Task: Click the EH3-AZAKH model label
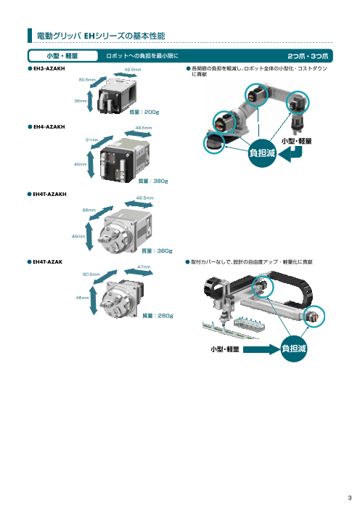(49, 68)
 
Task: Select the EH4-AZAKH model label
(49, 126)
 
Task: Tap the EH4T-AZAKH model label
(49, 194)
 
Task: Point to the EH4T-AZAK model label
(47, 261)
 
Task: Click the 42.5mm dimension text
(133, 70)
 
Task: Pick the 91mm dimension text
(91, 140)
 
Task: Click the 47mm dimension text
(144, 266)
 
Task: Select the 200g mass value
(152, 112)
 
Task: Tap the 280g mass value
(165, 316)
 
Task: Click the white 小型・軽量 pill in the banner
(62, 56)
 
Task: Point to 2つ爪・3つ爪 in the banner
(308, 56)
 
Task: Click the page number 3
(350, 497)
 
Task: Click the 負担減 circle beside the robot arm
(262, 153)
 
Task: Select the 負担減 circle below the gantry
(293, 349)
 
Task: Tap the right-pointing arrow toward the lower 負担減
(261, 349)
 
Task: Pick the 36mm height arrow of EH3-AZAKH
(90, 101)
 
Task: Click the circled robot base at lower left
(214, 143)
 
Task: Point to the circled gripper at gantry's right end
(314, 317)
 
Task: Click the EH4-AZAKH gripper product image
(125, 160)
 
